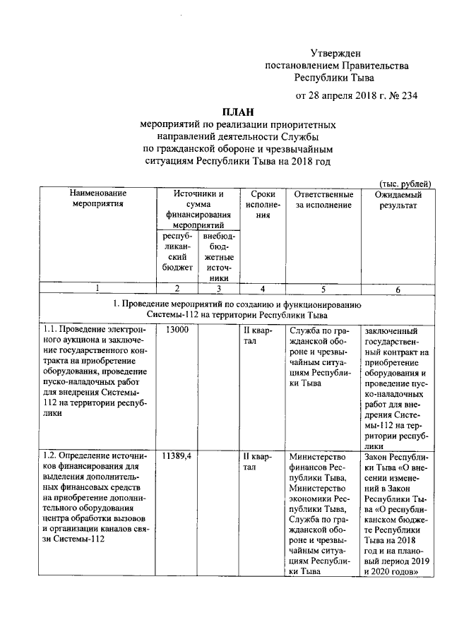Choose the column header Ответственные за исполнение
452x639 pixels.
323,199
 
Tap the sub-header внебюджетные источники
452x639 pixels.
219,257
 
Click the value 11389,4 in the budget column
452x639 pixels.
177,456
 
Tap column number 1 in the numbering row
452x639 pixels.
97,289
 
